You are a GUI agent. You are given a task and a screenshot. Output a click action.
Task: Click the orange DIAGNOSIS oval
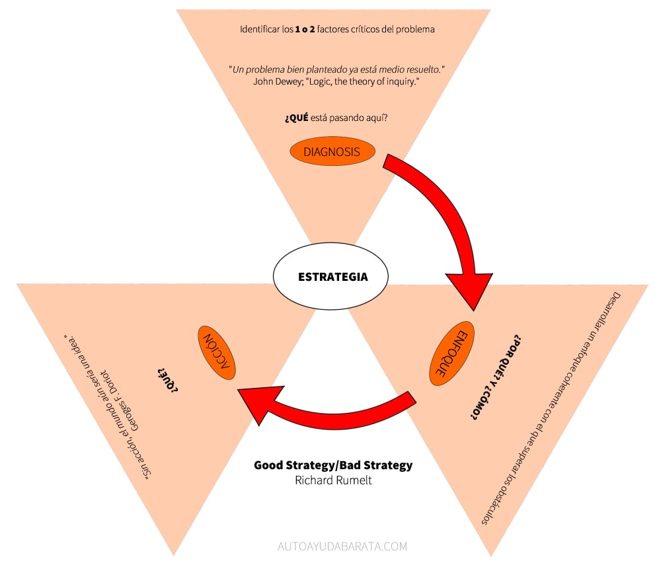click(x=332, y=152)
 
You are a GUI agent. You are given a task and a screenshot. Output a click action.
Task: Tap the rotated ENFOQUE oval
click(x=452, y=354)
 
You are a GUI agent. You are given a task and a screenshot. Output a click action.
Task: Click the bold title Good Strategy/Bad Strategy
click(x=333, y=465)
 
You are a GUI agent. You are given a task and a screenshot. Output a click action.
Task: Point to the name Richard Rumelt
click(x=333, y=480)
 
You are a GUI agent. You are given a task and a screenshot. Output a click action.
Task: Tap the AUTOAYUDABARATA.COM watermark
click(x=342, y=546)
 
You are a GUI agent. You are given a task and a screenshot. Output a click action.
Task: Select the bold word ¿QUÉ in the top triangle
click(x=296, y=118)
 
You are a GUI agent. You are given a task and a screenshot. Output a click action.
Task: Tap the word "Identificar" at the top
click(x=261, y=30)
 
